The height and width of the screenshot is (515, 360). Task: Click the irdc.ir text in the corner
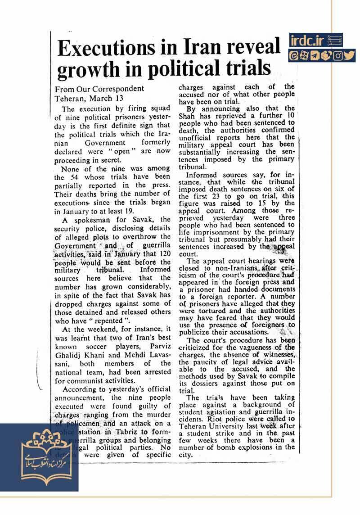[307, 41]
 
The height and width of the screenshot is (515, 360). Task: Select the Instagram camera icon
[338, 56]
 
